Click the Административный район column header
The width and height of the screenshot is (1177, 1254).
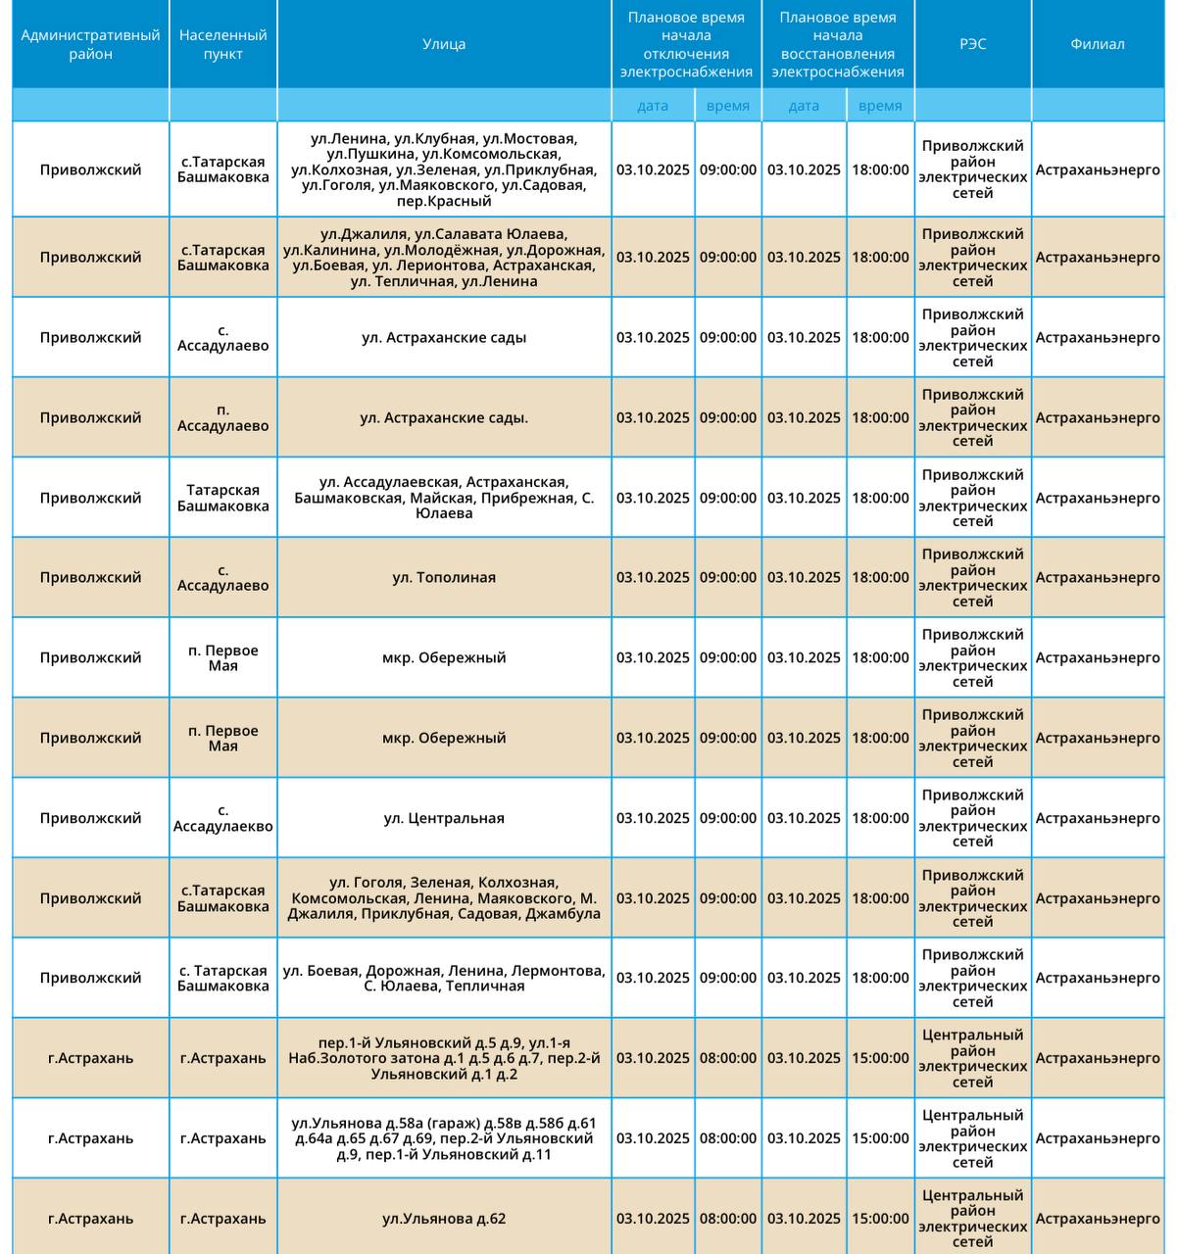coord(90,44)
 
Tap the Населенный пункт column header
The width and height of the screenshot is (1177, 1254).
coord(222,44)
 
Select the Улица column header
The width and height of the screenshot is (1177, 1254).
coord(444,44)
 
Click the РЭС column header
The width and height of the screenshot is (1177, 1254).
coord(972,44)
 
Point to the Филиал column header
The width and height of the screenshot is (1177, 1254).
coord(1098,44)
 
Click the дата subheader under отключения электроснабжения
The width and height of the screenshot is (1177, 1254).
coord(653,106)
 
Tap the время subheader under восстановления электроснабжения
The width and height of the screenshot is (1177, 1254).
coord(880,106)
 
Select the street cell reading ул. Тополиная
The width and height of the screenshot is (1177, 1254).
coord(444,578)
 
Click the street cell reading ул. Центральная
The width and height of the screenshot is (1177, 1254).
coord(444,818)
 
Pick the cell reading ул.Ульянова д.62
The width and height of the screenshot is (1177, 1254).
coord(444,1219)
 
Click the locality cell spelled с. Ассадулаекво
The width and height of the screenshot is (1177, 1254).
coord(222,818)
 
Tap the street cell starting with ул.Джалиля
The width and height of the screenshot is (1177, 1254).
coord(444,258)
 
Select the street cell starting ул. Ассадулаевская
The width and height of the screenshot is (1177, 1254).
coord(444,498)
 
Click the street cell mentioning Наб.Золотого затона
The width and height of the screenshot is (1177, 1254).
coord(444,1058)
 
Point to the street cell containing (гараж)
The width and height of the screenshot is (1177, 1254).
coord(444,1138)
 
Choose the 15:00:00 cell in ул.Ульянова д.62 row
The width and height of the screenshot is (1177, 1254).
coord(880,1219)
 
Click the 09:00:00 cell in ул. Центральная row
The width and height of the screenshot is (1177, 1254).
coord(728,818)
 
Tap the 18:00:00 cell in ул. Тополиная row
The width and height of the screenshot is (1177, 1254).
coord(880,578)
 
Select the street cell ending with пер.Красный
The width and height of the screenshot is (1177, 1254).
coord(444,169)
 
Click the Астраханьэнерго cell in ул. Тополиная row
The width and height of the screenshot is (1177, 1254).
coord(1098,578)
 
